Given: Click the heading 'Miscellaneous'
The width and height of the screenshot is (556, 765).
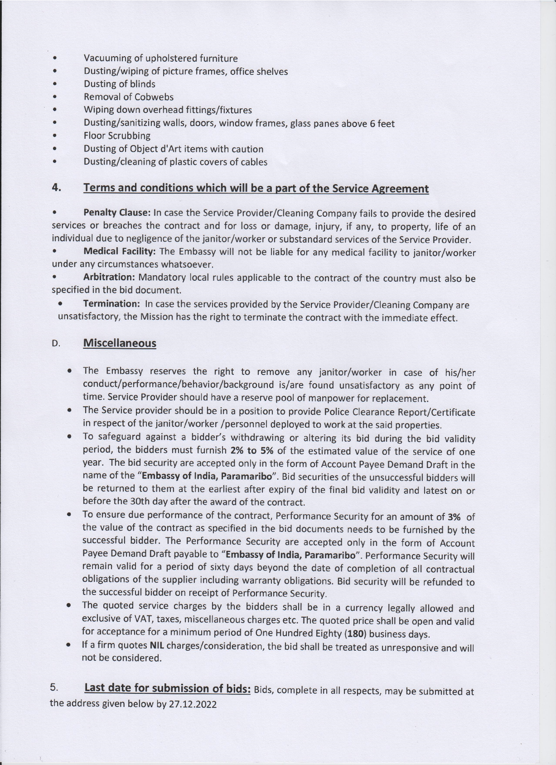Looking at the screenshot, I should click(120, 343).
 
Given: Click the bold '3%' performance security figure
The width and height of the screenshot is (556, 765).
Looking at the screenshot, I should click(454, 517).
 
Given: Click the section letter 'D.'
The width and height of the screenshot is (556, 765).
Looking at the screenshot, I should click(56, 344).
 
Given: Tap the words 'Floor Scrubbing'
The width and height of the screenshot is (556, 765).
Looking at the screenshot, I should click(117, 136).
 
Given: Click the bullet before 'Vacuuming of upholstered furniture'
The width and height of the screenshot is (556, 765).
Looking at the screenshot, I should click(54, 58).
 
